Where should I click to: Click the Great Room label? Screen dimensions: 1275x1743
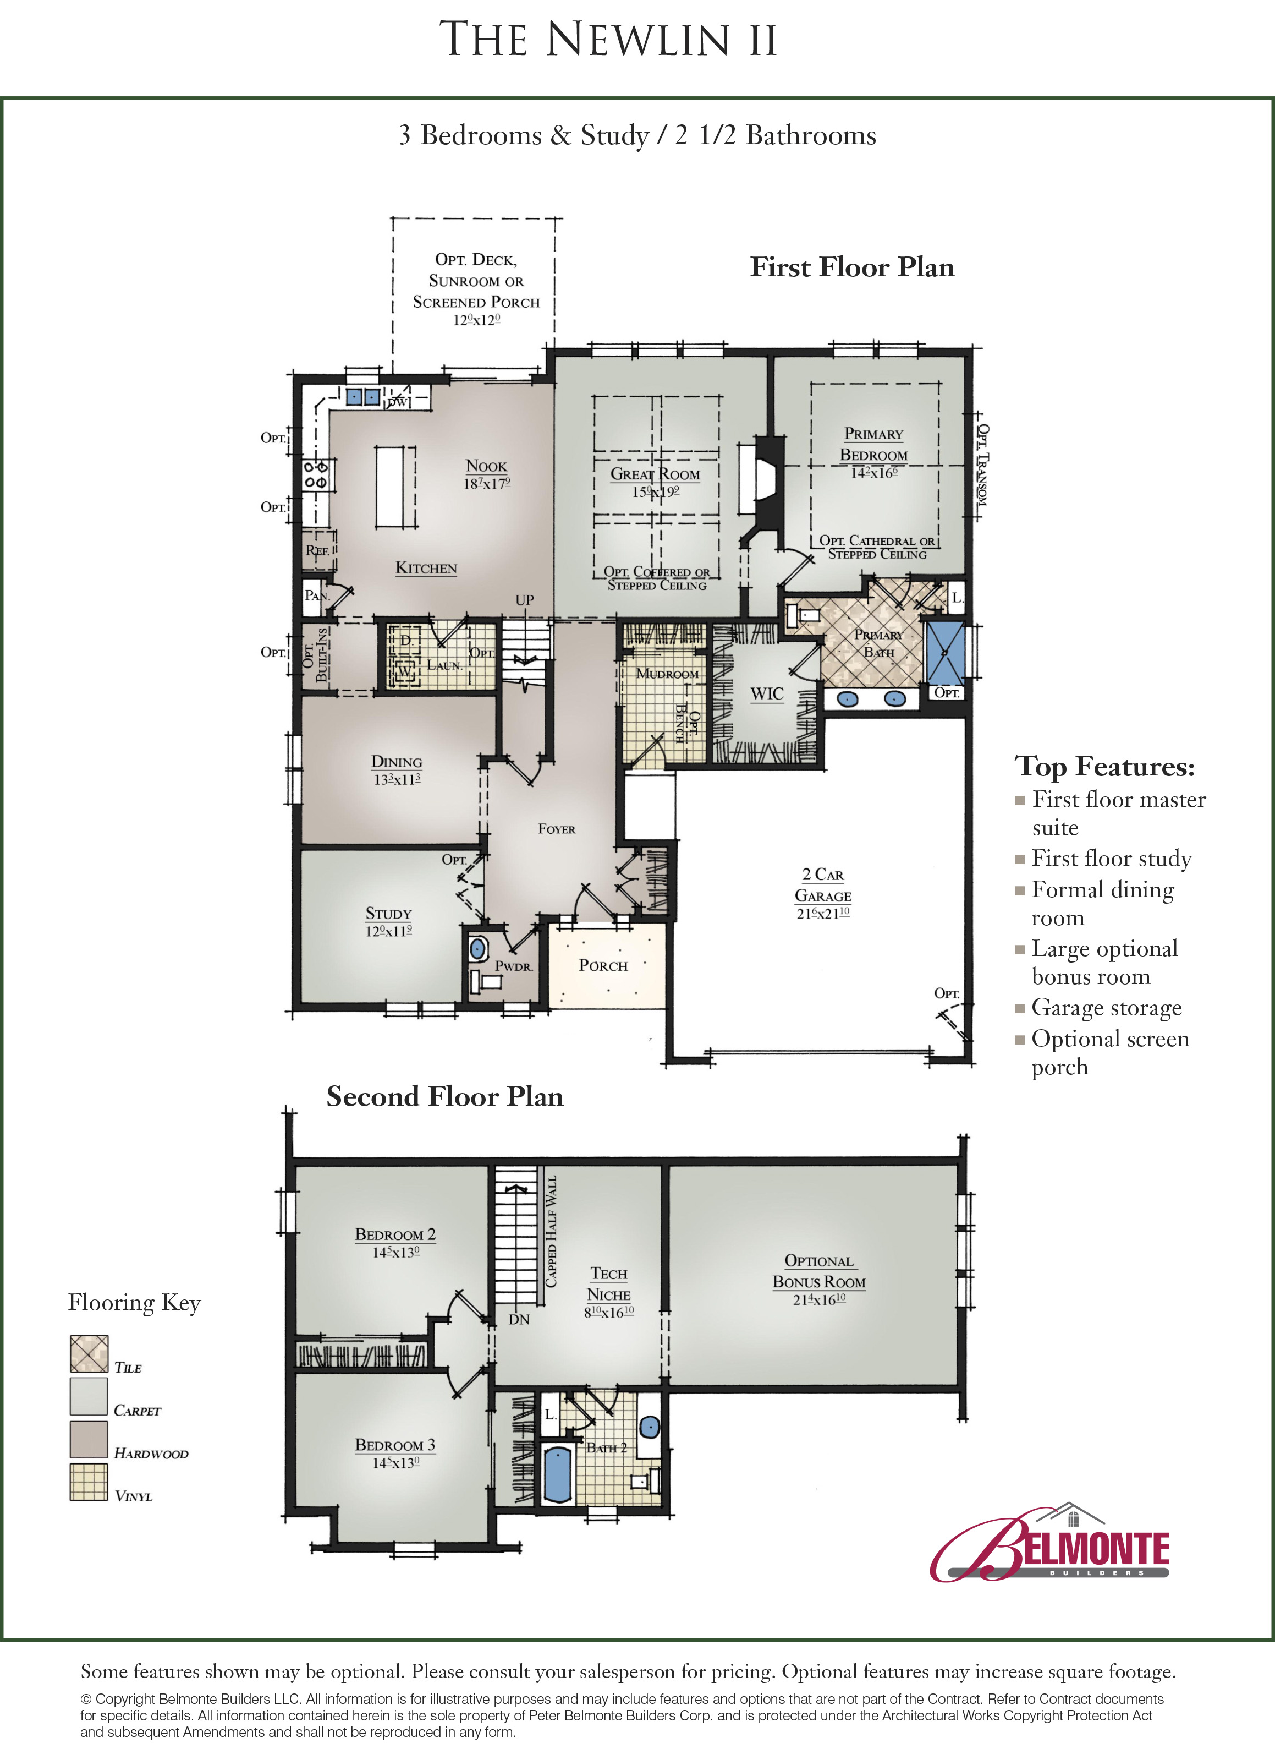[655, 474]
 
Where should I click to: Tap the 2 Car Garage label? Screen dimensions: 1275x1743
[823, 885]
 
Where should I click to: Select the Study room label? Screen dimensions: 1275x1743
[388, 914]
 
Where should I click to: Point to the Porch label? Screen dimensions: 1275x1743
[603, 965]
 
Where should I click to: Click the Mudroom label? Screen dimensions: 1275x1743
[668, 674]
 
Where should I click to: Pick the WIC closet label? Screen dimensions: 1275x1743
[767, 694]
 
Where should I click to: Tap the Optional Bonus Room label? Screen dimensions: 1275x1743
[819, 1271]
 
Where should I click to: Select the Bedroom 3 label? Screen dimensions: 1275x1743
[395, 1445]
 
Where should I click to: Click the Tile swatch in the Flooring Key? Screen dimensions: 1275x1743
[89, 1354]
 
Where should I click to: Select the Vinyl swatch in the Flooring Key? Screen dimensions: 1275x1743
[89, 1483]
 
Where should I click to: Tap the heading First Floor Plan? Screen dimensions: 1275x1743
[852, 267]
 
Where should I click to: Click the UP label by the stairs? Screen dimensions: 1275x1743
[525, 600]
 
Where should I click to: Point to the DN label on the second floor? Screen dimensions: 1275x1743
[519, 1320]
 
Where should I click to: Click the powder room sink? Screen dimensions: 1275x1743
[478, 948]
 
